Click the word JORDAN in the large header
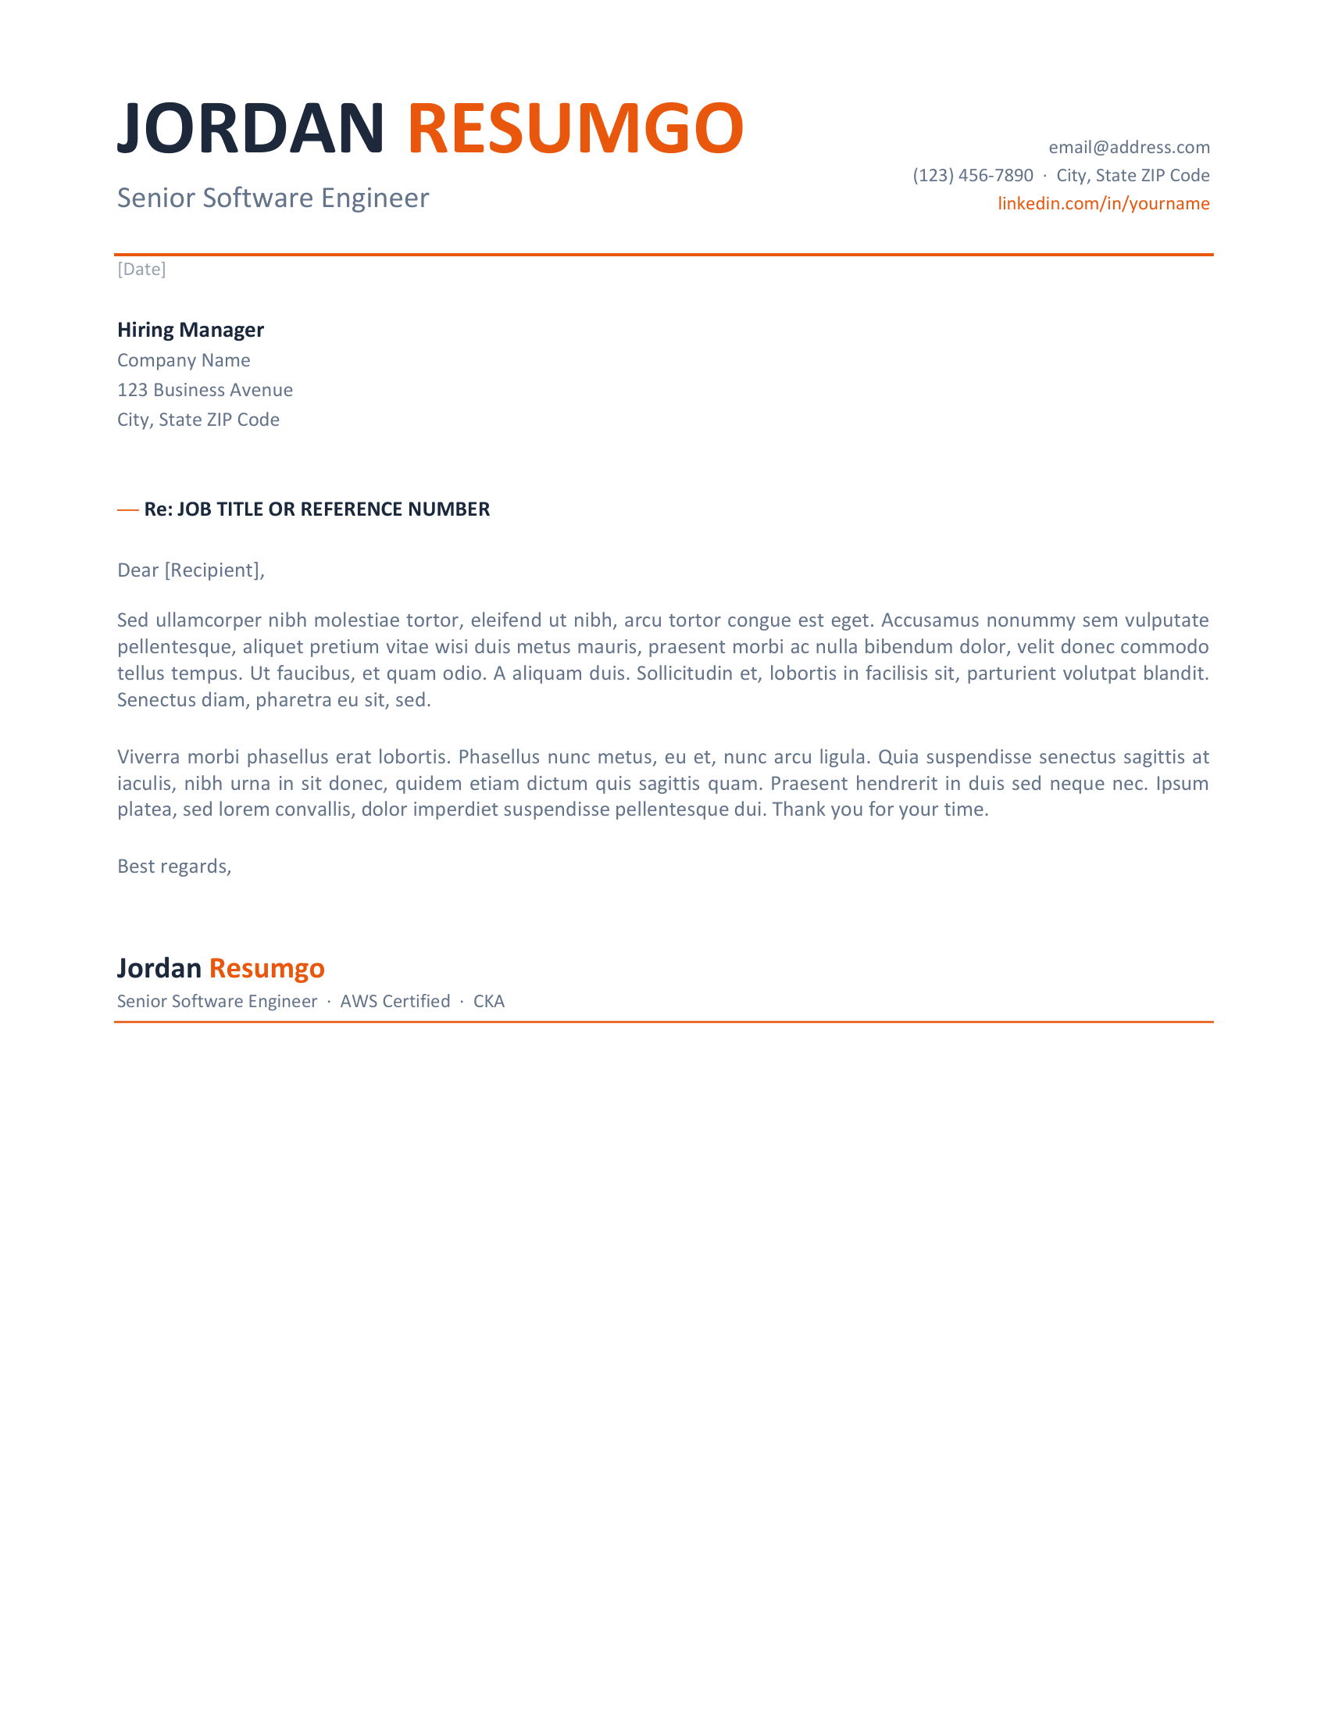[250, 128]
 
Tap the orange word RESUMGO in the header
[575, 128]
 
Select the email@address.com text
[1128, 147]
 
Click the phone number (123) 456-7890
[973, 176]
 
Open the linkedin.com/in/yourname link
[1103, 204]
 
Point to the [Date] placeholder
[141, 270]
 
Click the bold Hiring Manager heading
[191, 330]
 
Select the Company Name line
[184, 360]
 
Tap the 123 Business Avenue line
[205, 391]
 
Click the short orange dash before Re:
[127, 510]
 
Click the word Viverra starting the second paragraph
[148, 757]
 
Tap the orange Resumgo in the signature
[266, 968]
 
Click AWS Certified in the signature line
[395, 1002]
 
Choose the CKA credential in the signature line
[488, 1002]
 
